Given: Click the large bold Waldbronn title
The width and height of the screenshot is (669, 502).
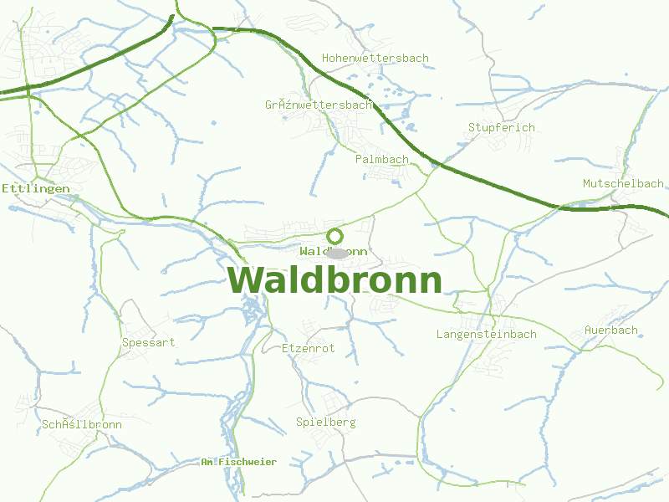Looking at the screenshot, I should (334, 280).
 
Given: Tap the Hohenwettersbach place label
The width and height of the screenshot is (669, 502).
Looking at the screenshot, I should (375, 59).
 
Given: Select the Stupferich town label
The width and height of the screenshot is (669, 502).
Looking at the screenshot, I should (501, 127).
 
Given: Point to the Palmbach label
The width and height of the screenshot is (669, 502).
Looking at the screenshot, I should (381, 159).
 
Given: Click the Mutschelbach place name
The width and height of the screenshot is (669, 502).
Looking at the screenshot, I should (623, 183).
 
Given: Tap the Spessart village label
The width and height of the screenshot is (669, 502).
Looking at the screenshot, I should (149, 342).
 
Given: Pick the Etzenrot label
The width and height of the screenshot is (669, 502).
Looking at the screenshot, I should (308, 348).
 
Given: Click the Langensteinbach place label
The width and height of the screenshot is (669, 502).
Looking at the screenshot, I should (486, 335).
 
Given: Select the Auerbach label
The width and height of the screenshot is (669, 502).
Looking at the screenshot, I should (610, 330).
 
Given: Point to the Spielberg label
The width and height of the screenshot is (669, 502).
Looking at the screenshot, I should (325, 423).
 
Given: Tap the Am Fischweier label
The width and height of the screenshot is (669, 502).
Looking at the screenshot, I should (238, 462).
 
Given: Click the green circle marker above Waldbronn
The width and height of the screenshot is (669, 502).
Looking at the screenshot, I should (334, 236).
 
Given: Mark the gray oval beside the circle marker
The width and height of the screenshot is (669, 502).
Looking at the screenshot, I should (339, 253).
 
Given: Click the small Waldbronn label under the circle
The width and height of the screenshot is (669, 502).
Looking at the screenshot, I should (333, 251).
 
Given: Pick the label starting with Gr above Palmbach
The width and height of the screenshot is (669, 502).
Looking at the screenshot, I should (318, 105).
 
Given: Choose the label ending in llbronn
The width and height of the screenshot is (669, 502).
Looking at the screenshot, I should (81, 425).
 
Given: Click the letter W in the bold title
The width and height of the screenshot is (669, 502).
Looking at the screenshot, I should (247, 280).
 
